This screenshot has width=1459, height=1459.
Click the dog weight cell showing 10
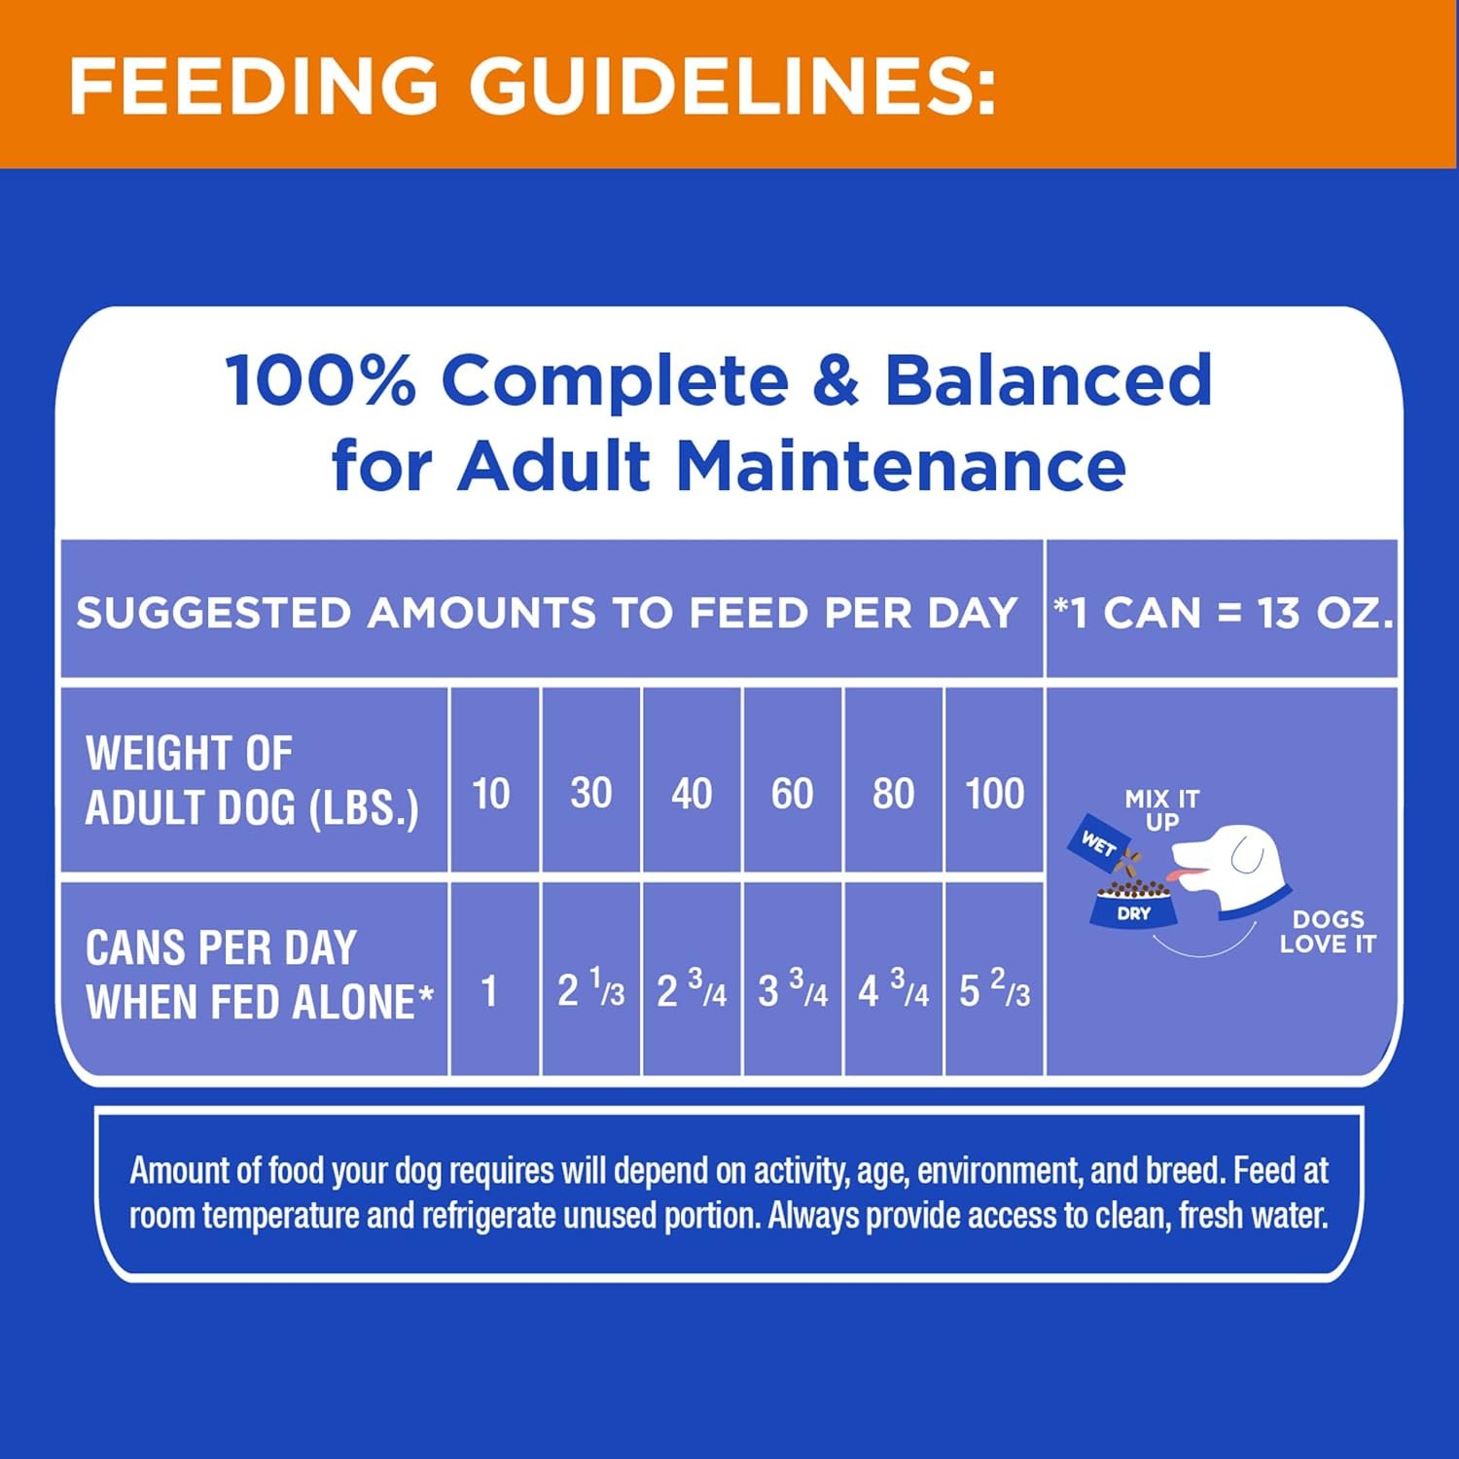pyautogui.click(x=493, y=780)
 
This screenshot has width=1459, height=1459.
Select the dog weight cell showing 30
pyautogui.click(x=591, y=780)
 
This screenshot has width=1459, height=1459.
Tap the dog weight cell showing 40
pyautogui.click(x=692, y=780)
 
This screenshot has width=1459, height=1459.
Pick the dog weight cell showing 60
pyautogui.click(x=793, y=780)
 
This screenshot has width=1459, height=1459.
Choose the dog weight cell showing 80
pyautogui.click(x=894, y=780)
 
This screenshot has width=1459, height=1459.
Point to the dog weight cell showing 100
pyautogui.click(x=994, y=780)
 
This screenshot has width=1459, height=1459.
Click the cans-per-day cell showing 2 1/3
pyautogui.click(x=591, y=979)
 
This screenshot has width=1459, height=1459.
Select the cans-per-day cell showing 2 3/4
pyautogui.click(x=692, y=979)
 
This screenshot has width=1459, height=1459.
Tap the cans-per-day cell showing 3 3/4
pyautogui.click(x=793, y=979)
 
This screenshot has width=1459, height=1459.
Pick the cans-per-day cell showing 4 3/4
pyautogui.click(x=894, y=979)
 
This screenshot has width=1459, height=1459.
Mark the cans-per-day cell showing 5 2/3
pyautogui.click(x=994, y=979)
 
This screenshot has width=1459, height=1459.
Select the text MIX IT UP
pyautogui.click(x=1162, y=810)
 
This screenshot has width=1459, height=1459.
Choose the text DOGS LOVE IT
pyautogui.click(x=1328, y=932)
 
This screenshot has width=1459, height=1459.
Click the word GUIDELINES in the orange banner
pyautogui.click(x=733, y=86)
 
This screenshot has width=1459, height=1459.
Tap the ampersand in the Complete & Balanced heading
pyautogui.click(x=836, y=379)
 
